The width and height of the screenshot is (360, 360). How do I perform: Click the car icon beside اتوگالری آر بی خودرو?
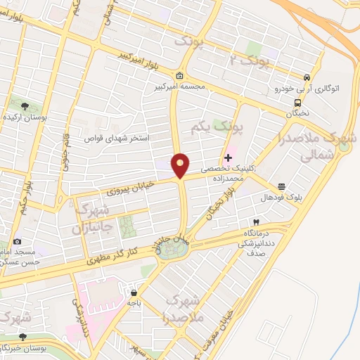click(x=307, y=77)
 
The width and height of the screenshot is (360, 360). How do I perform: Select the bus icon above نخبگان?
click(x=295, y=101)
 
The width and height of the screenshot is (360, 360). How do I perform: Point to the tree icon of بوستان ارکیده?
click(x=25, y=106)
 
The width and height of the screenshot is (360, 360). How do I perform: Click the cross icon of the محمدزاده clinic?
click(x=228, y=157)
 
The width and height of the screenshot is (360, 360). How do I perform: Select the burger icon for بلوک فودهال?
click(x=281, y=186)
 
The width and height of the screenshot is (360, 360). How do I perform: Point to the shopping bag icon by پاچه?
click(x=134, y=290)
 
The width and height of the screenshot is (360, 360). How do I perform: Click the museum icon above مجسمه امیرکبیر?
click(x=180, y=76)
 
